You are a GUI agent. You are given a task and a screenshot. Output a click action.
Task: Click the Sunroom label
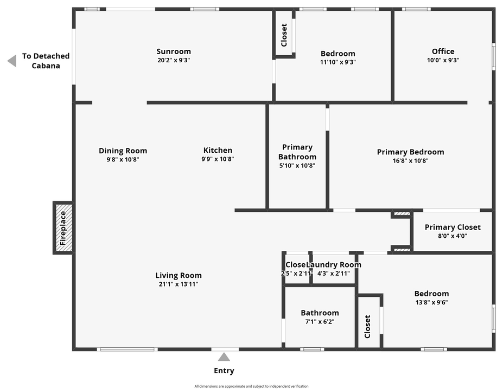pos(173,51)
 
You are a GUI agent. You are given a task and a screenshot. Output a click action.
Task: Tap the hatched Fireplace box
pos(63,227)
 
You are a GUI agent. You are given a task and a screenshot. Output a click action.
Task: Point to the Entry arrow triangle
pos(224,357)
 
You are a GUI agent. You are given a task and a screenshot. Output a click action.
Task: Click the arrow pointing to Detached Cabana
pos(11,61)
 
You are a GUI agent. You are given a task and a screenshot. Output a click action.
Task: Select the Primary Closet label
pos(453,227)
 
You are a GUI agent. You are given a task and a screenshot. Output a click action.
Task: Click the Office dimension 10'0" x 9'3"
pos(443,61)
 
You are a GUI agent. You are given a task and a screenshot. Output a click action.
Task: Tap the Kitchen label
pos(218,150)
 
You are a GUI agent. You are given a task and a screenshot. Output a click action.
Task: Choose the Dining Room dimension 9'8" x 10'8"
pos(123,159)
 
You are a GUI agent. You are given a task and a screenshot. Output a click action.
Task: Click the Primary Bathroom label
pos(297,152)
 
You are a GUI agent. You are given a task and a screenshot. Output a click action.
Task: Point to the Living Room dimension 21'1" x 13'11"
pos(178,284)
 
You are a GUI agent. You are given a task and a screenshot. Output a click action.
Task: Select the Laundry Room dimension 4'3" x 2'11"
pos(334,274)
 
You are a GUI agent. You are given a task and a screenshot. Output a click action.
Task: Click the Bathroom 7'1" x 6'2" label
pos(320,313)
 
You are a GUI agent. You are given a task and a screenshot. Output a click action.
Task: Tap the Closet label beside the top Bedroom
pos(284,35)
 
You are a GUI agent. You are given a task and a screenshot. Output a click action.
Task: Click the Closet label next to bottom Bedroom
pos(367,327)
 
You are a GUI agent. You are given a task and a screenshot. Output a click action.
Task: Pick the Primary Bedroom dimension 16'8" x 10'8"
pos(410,160)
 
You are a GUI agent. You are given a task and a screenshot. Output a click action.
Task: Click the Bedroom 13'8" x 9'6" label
pos(431,294)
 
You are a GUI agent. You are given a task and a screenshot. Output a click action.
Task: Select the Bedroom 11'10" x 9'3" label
pos(338,54)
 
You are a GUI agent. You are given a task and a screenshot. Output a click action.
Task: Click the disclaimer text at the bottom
pos(251,386)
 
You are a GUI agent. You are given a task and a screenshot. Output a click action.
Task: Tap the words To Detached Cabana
pos(46,61)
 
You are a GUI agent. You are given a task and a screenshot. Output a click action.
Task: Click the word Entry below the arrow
pos(224,371)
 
